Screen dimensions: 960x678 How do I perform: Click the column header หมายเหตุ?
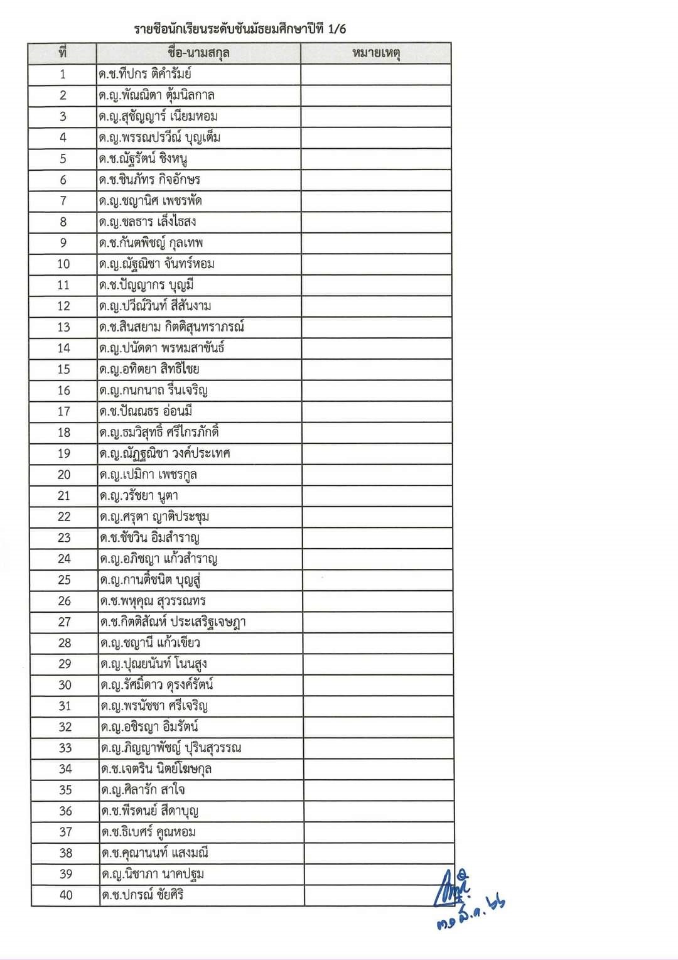coord(376,53)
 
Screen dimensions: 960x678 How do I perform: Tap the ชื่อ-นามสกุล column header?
coord(198,53)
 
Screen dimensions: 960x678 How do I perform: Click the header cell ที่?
coord(62,53)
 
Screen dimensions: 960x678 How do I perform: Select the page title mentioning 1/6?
coord(240,29)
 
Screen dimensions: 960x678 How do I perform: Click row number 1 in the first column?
coord(62,74)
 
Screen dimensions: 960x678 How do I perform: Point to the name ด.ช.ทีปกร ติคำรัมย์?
coord(145,74)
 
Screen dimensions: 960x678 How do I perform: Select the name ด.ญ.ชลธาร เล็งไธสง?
coord(148,222)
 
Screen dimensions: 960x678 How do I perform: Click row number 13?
coord(63,327)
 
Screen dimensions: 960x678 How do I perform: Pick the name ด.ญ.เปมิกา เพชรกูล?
coord(148,475)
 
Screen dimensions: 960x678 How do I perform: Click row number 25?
coord(64,580)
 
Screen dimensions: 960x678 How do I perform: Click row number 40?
coord(66,895)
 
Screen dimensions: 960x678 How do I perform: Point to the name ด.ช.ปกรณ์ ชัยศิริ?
coord(143,895)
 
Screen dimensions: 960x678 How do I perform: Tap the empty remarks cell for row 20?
coord(377,475)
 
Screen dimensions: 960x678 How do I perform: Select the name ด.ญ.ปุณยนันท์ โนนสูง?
coord(154,664)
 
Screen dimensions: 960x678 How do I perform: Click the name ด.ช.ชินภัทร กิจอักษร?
coord(149,180)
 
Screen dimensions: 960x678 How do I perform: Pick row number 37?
coord(65,832)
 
